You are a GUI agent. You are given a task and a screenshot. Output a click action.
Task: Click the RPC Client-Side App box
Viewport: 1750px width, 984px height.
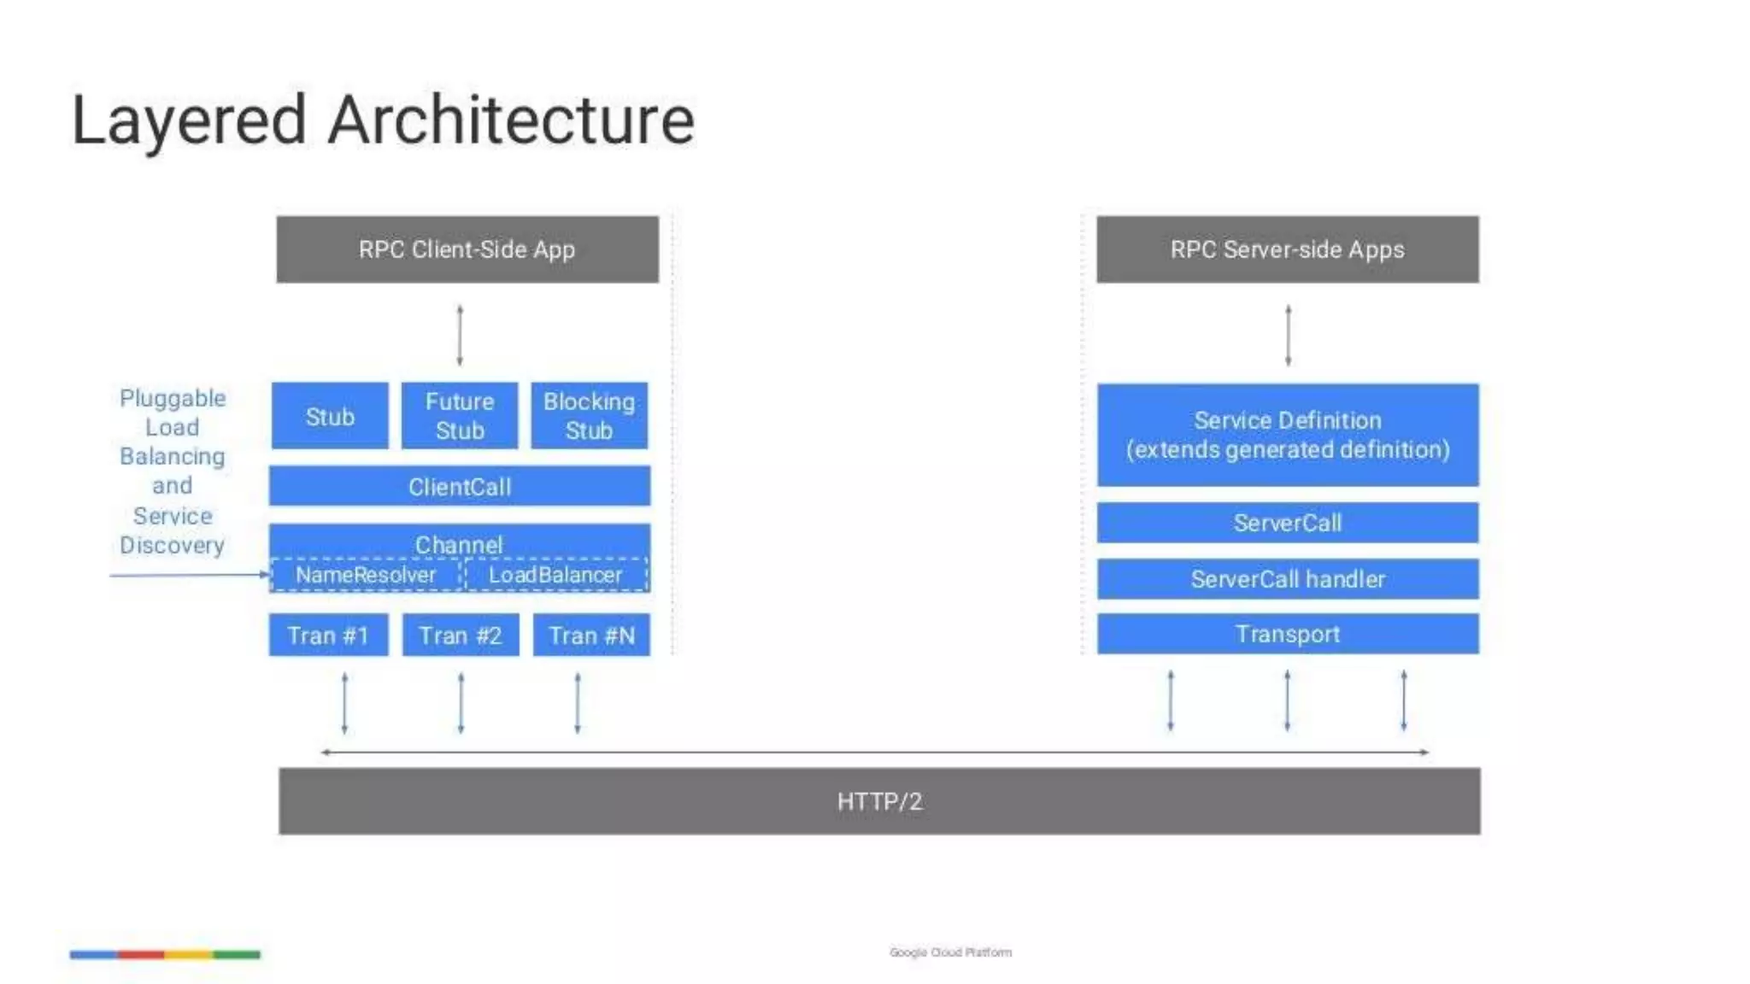coord(467,249)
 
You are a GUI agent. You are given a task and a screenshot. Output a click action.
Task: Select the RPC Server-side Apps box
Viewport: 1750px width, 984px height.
coord(1287,249)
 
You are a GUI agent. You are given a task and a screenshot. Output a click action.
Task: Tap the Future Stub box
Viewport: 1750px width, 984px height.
coord(460,416)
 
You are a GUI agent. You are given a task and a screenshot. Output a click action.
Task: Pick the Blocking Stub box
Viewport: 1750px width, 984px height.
coord(589,416)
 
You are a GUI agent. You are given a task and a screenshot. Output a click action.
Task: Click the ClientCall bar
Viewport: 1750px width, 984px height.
coord(460,487)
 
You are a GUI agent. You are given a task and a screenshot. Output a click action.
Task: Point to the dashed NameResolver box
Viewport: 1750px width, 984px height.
coord(366,575)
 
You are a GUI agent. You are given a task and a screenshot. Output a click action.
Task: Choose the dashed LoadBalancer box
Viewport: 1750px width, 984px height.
coord(555,575)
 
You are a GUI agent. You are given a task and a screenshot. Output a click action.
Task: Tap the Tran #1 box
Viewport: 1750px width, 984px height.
coord(328,635)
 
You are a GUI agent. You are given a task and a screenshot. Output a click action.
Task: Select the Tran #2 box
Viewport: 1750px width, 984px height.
coord(461,635)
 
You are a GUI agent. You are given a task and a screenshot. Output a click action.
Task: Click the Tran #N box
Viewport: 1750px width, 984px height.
coord(591,635)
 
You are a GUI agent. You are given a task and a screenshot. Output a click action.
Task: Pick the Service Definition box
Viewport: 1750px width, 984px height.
coord(1287,435)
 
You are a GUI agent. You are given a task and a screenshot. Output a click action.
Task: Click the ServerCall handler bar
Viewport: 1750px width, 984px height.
coord(1287,579)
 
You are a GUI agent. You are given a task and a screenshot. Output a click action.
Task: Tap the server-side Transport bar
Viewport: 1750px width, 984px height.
coord(1287,634)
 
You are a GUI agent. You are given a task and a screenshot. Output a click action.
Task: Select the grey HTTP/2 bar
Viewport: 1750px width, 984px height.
coord(879,801)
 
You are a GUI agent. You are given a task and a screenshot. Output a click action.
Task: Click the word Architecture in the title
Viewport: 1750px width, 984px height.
coord(511,120)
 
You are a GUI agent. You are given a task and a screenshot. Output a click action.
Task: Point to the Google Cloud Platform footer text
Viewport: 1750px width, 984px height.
coord(950,952)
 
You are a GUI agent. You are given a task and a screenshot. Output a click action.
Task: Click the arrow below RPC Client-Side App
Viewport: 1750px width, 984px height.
coord(460,335)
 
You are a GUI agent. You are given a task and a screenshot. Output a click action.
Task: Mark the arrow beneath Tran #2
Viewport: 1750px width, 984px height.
coord(461,703)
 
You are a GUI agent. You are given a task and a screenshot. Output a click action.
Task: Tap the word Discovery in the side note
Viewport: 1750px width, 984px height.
coord(172,545)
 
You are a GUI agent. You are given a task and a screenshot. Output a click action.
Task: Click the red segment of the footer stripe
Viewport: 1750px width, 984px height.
coord(141,954)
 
